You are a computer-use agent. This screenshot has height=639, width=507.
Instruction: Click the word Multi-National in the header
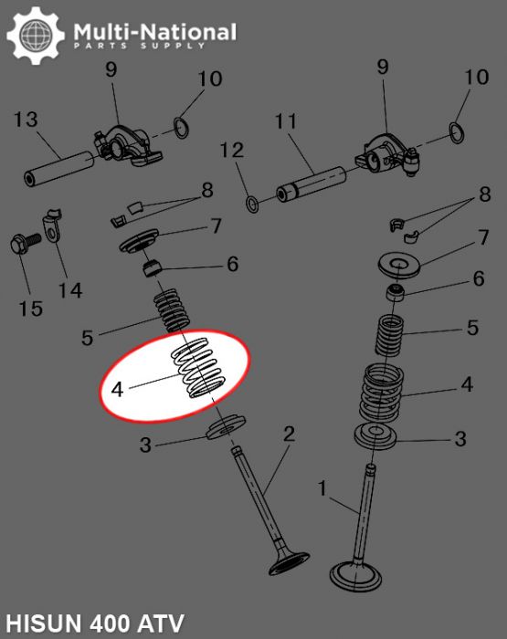point(154,33)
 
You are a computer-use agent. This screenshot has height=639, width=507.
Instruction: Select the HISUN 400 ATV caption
point(93,624)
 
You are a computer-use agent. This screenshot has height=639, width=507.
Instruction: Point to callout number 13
point(26,120)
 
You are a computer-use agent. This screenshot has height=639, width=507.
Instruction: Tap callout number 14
point(70,290)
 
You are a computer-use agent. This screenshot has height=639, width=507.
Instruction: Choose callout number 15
point(30,309)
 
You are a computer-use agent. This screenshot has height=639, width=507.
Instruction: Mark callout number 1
point(322,489)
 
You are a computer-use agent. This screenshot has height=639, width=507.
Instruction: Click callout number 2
point(289,433)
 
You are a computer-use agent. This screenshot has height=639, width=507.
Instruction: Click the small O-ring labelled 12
point(251,200)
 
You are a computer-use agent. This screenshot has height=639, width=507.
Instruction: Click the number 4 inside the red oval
point(117,389)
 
